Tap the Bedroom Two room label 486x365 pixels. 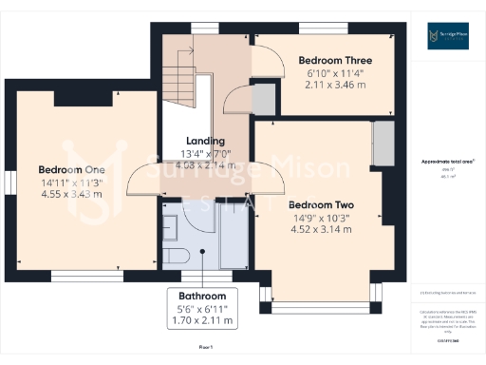321,204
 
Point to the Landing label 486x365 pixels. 205,142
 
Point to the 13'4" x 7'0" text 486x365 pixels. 205,154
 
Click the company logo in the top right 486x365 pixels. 447,36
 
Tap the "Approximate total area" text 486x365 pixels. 446,162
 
